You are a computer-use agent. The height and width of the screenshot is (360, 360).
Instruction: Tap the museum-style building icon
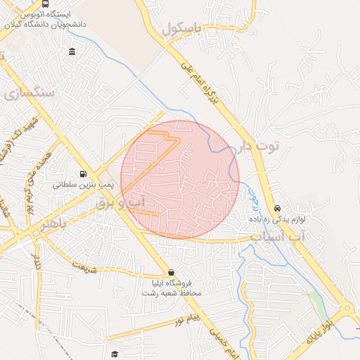tap(73, 51)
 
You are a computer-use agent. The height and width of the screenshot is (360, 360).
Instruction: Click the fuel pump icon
tap(83, 174)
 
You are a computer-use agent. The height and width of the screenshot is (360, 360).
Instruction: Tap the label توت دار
tap(259, 146)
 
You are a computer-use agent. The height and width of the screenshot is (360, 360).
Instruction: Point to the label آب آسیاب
tap(281, 238)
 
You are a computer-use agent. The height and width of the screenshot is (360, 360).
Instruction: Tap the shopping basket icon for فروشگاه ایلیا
tap(172, 272)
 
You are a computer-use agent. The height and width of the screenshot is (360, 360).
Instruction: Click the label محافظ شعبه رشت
tap(176, 292)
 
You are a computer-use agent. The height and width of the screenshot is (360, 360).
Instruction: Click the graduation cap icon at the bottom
tap(115, 354)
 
